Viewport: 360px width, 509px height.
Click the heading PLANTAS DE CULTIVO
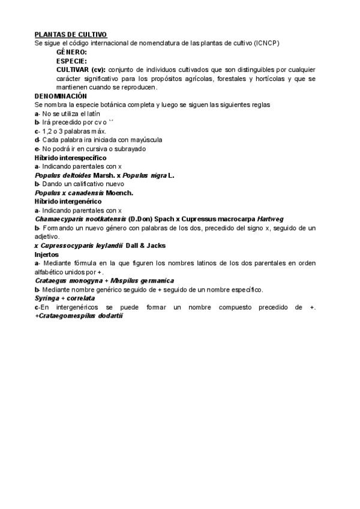point(71,35)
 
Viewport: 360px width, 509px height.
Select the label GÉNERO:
point(71,53)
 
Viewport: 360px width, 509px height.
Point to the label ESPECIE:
point(71,61)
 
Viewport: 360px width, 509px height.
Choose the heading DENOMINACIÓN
point(61,96)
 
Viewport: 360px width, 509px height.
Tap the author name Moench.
point(119,193)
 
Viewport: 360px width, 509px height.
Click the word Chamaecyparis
point(58,219)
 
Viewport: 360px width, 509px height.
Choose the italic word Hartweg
point(270,219)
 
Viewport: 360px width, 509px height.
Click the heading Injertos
point(47,254)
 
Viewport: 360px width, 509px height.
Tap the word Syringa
point(47,298)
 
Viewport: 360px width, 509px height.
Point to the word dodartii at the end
point(108,316)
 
